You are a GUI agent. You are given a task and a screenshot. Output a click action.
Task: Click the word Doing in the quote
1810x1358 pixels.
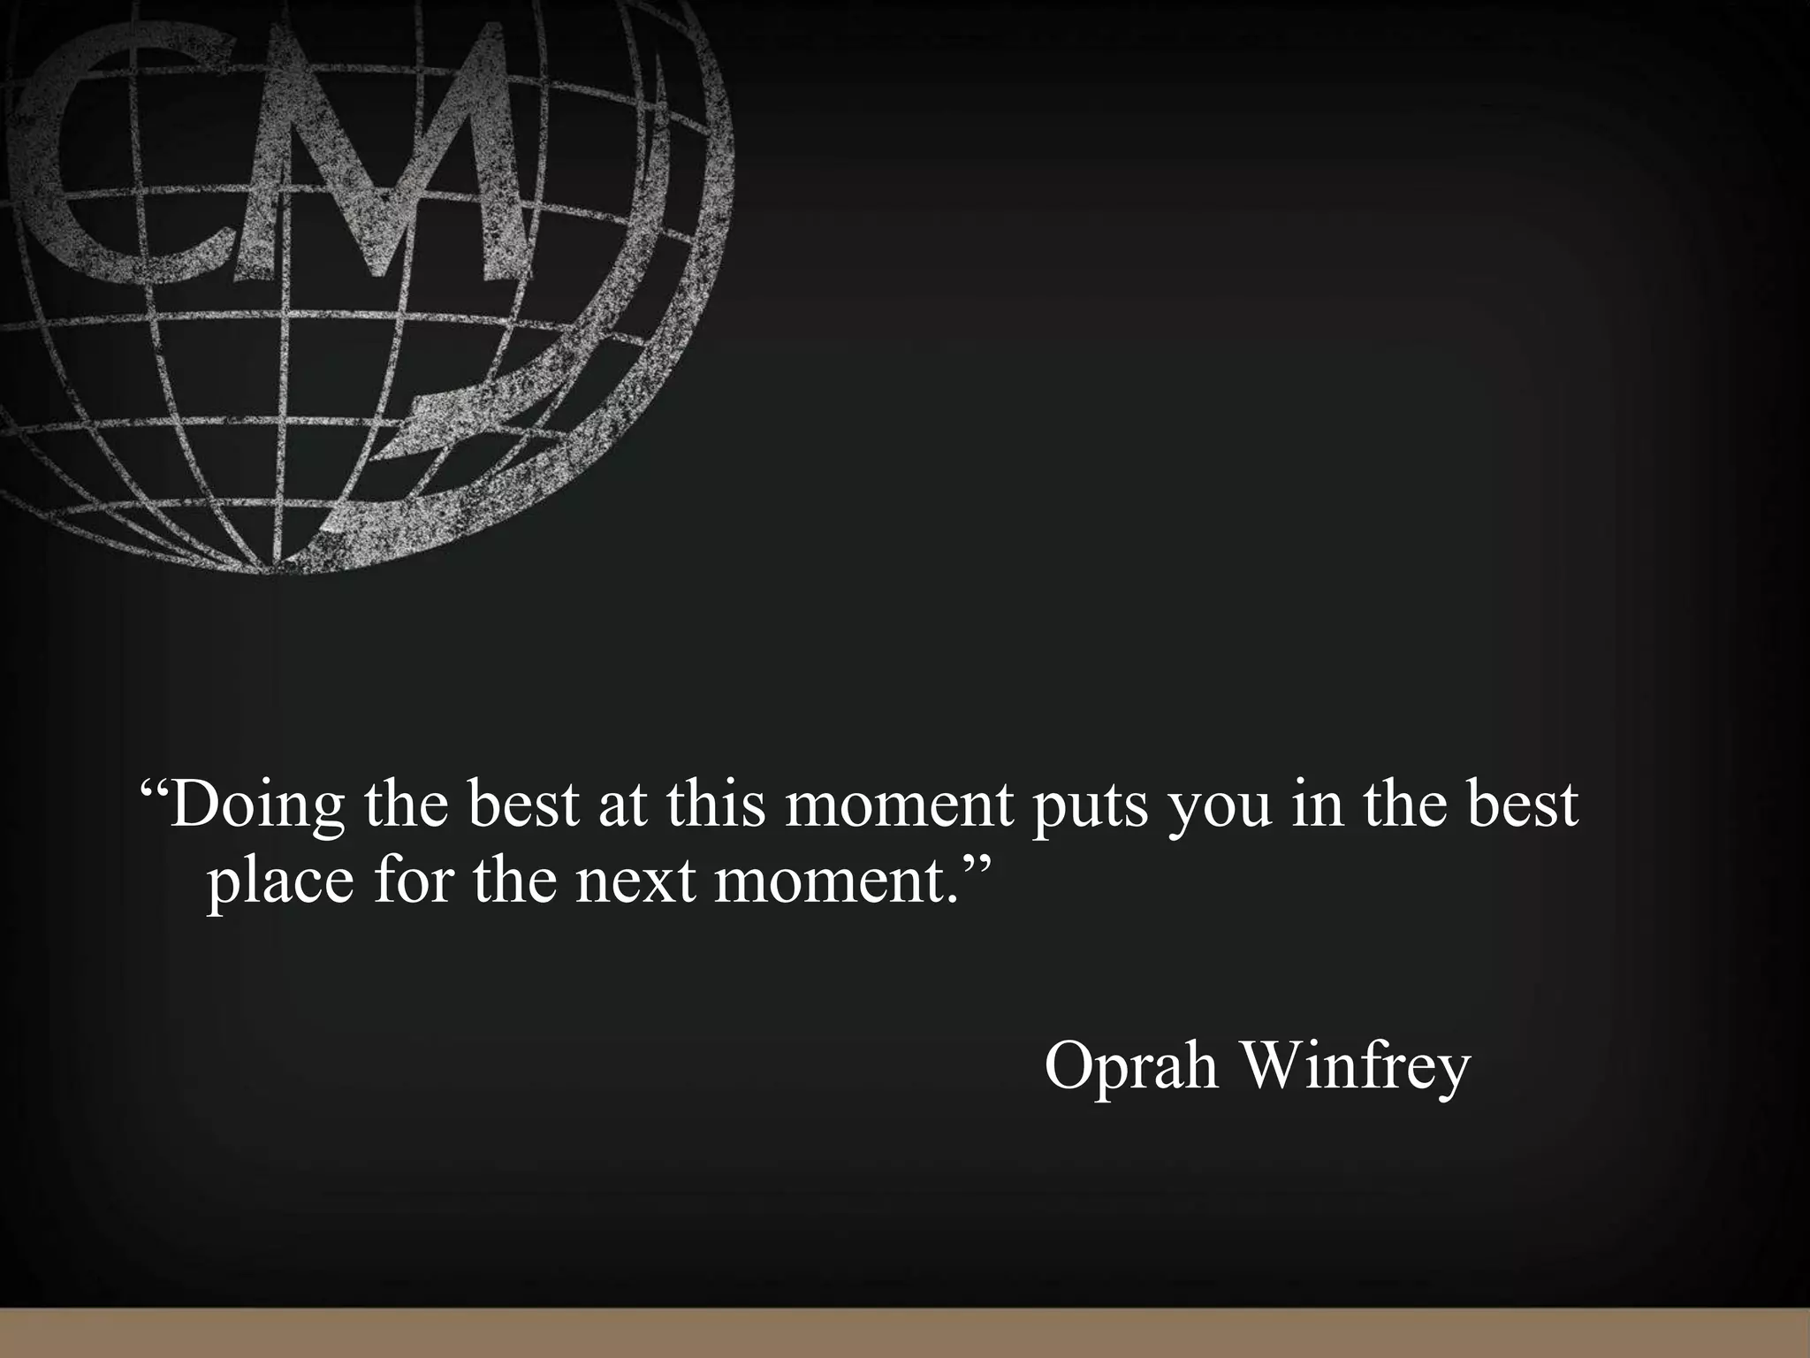click(256, 805)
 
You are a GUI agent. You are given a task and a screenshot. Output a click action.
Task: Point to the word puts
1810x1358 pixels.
click(1091, 807)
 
